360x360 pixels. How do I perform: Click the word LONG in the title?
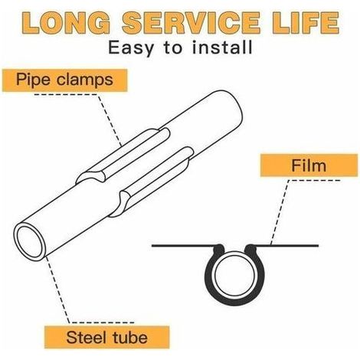(67, 23)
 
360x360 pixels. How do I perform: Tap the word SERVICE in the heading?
(191, 22)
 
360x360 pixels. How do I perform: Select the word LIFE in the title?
(306, 22)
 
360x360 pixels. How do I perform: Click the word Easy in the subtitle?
(131, 48)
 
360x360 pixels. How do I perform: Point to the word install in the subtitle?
(222, 47)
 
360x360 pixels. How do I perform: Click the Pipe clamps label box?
(64, 80)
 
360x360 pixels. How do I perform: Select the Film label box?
(309, 165)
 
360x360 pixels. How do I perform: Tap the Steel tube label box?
(106, 337)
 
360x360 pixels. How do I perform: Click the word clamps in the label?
(85, 80)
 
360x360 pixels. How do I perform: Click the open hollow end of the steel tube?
(29, 242)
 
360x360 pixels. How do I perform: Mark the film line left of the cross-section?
(182, 246)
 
